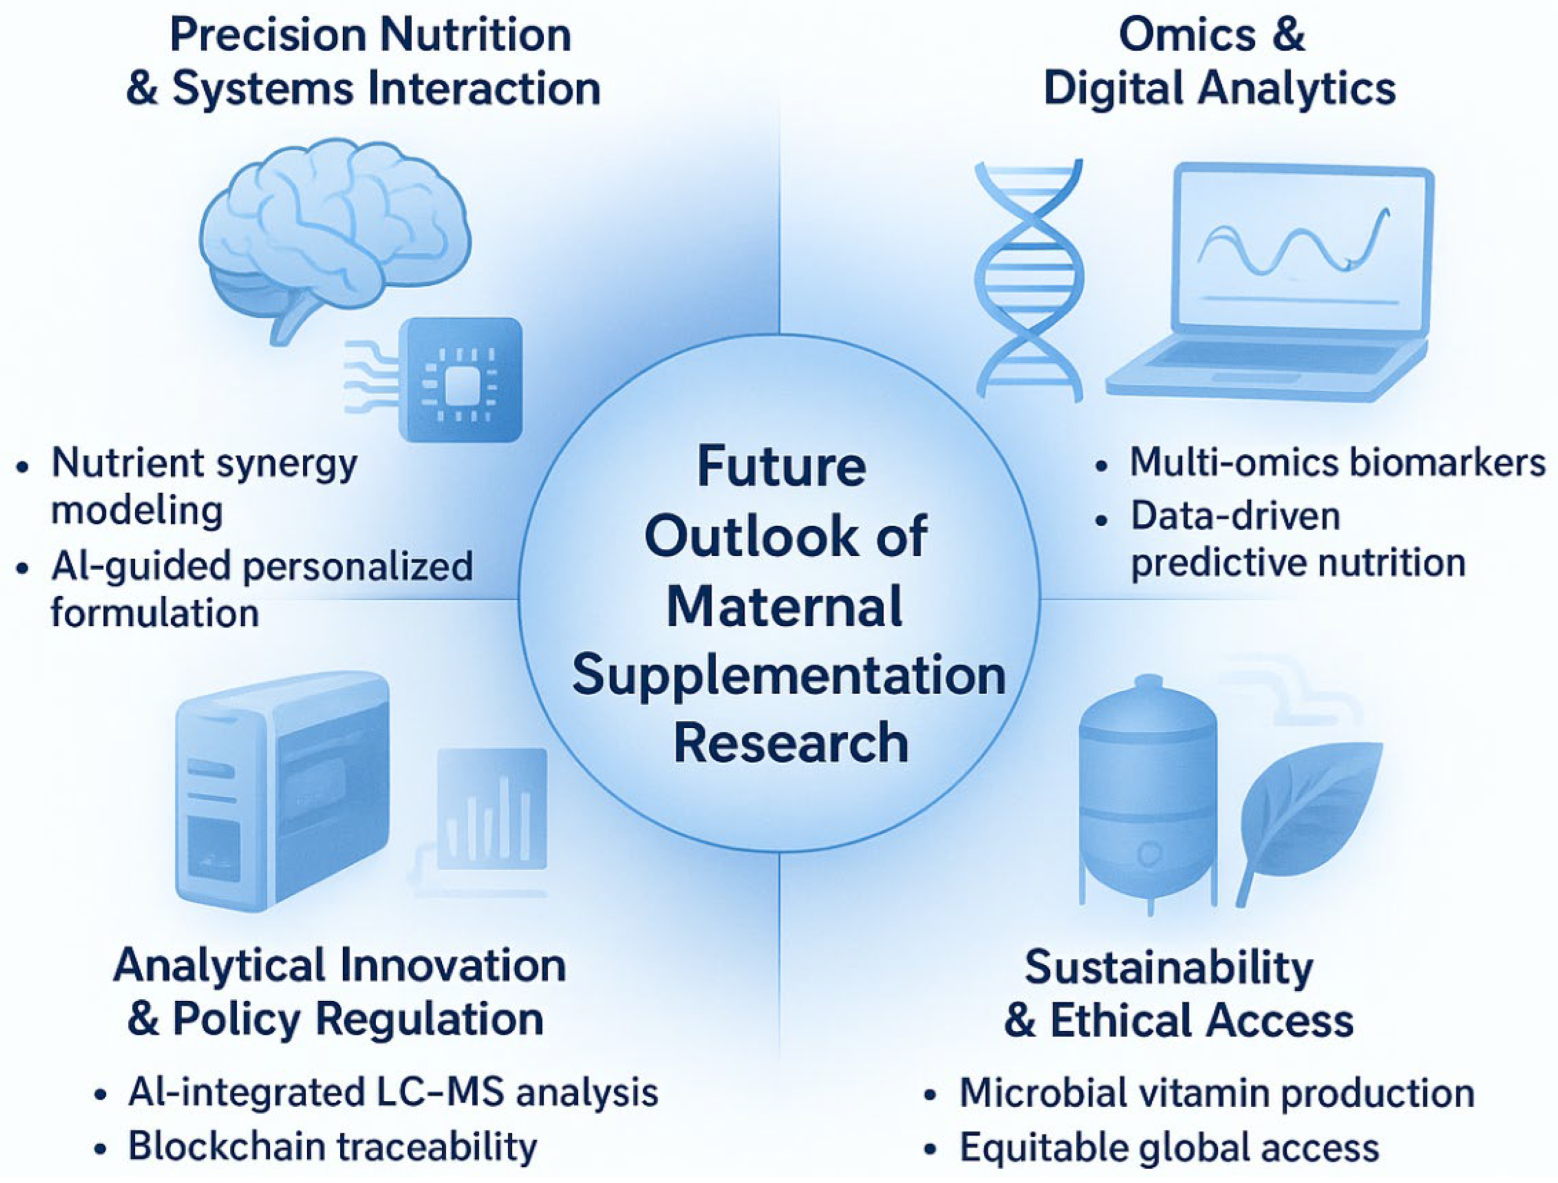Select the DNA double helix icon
click(1029, 280)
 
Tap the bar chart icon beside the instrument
click(492, 809)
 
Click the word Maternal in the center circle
click(784, 606)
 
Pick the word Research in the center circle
click(791, 743)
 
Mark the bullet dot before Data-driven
click(1102, 520)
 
